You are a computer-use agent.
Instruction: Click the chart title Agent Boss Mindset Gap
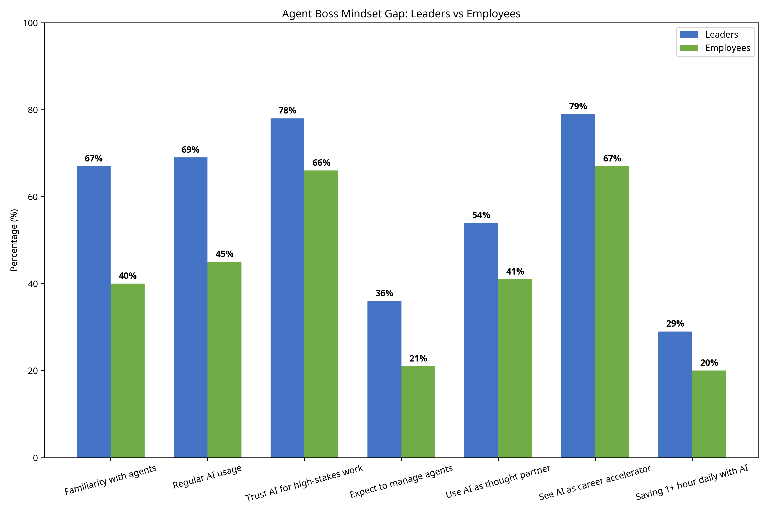pyautogui.click(x=401, y=14)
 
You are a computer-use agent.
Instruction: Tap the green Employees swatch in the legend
pyautogui.click(x=689, y=48)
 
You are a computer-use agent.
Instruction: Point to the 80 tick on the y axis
pyautogui.click(x=33, y=110)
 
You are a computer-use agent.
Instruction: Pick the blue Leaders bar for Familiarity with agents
pyautogui.click(x=94, y=311)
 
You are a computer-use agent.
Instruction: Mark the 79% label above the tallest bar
pyautogui.click(x=578, y=106)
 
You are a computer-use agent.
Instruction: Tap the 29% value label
pyautogui.click(x=675, y=324)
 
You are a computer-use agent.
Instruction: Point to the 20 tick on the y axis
pyautogui.click(x=33, y=371)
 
